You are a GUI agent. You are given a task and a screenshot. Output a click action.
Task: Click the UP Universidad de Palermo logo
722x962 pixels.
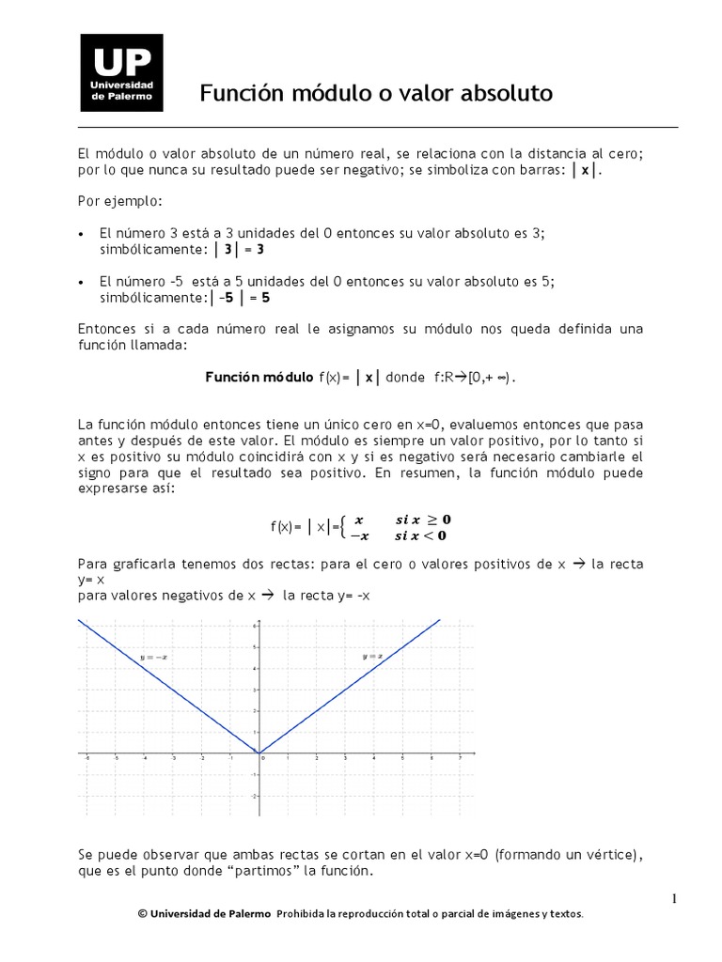click(121, 73)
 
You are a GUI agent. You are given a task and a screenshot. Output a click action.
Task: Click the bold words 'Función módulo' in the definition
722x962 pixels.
click(259, 377)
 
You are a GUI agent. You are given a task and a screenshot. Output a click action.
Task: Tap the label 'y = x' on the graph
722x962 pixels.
click(372, 656)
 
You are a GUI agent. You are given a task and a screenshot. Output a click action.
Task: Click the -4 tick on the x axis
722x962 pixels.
click(144, 758)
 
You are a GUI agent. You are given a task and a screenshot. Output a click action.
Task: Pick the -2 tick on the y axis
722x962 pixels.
click(253, 795)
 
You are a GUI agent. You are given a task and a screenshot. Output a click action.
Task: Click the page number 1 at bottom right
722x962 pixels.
click(674, 899)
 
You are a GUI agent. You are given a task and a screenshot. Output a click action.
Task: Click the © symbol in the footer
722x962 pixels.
click(141, 913)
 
